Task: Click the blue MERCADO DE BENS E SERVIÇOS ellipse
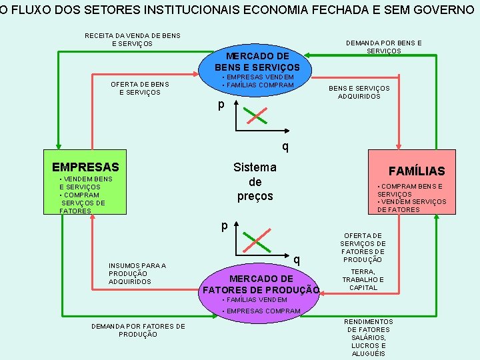(257, 63)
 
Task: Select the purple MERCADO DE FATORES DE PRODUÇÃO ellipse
(261, 283)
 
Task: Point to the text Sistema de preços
(255, 181)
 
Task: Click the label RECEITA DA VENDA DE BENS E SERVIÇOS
(132, 40)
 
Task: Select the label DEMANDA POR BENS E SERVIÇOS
(383, 47)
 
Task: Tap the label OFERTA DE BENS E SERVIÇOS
(139, 88)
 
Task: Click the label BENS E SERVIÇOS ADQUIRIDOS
(359, 92)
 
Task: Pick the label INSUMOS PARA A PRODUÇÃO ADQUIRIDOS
(137, 273)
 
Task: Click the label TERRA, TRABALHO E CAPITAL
(363, 280)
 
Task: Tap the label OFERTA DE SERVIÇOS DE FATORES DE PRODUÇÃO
(363, 247)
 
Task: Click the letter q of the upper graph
(285, 145)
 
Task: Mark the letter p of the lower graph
(225, 225)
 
